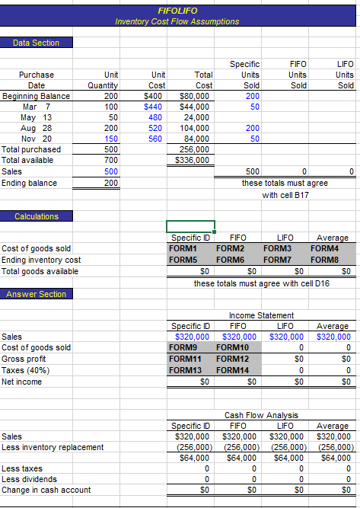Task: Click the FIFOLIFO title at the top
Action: pos(177,11)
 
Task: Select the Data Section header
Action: pos(36,43)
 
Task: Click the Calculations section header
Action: pos(37,216)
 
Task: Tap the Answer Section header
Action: pos(36,295)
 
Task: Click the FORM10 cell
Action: pos(232,347)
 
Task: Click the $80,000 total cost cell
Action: pos(196,96)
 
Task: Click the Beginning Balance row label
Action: pos(37,96)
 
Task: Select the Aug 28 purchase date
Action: pos(36,129)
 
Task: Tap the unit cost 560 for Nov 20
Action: pos(156,139)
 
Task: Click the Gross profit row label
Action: pos(24,359)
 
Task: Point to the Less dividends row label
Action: pos(29,479)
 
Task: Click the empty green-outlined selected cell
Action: pos(190,226)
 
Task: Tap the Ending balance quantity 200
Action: pos(111,184)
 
